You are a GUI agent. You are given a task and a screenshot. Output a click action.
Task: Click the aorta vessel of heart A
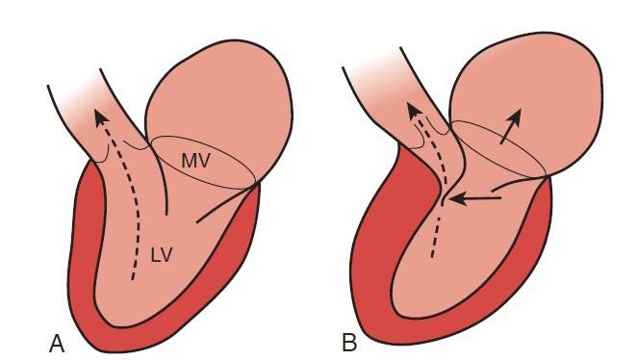click(91, 96)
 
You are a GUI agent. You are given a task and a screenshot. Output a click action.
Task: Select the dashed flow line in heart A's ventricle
click(139, 212)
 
